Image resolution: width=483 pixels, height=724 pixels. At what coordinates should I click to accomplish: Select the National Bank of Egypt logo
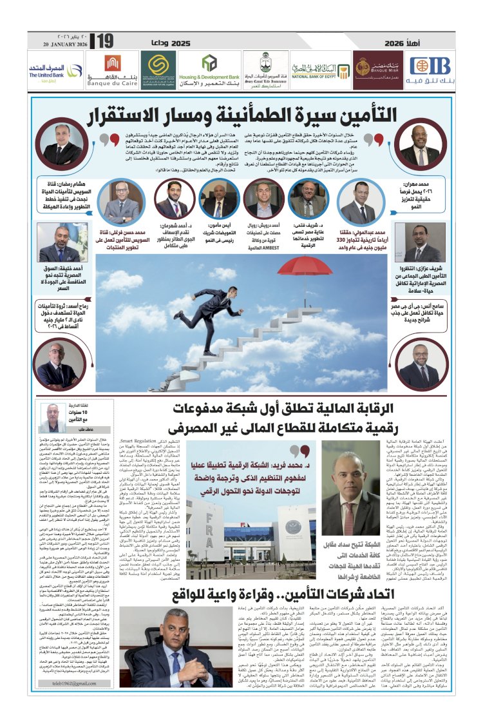click(x=320, y=69)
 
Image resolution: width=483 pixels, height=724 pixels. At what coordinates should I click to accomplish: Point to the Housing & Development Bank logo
click(x=209, y=69)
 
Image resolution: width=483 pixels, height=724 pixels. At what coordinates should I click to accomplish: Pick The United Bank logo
click(x=46, y=69)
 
